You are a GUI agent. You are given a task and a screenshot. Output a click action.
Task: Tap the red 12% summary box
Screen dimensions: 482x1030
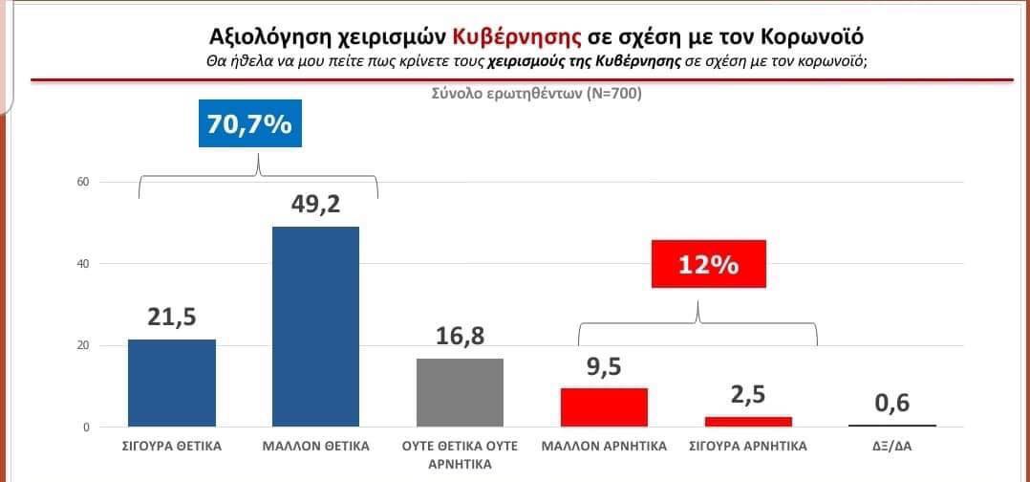(x=709, y=264)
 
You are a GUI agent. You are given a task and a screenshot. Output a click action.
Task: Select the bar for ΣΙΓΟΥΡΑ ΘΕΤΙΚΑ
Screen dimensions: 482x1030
(x=172, y=383)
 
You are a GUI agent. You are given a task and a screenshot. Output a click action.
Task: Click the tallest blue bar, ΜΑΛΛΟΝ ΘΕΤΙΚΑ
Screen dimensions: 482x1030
(x=315, y=326)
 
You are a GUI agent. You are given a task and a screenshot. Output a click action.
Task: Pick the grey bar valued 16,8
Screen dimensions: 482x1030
(x=461, y=392)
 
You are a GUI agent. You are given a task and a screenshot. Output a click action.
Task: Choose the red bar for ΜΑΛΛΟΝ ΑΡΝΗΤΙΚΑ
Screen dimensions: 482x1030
(x=604, y=406)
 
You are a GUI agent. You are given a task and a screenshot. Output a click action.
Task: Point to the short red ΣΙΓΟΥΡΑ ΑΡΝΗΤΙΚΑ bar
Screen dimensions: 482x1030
(x=749, y=421)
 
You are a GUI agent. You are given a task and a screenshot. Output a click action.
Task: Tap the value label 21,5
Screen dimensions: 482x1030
(x=172, y=318)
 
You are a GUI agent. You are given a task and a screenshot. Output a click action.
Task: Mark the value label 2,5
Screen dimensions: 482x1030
(x=749, y=394)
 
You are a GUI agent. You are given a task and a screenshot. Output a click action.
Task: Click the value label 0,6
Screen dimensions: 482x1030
(x=892, y=404)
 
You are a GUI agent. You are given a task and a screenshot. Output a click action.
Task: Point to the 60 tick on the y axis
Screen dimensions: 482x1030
(x=82, y=182)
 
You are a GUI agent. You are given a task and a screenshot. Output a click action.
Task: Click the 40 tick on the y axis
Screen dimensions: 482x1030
(x=82, y=264)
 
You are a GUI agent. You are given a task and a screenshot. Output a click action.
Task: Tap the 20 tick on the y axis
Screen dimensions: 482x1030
(x=82, y=345)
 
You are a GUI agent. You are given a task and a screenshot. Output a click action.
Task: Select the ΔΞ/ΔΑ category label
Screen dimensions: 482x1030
(x=892, y=446)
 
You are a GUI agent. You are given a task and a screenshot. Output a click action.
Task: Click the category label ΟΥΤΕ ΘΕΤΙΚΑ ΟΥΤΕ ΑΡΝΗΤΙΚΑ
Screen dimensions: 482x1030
(x=461, y=454)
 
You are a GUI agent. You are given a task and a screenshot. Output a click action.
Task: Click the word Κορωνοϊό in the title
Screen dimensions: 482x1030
(x=815, y=37)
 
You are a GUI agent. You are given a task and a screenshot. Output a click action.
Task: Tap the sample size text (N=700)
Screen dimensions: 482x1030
(x=609, y=94)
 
